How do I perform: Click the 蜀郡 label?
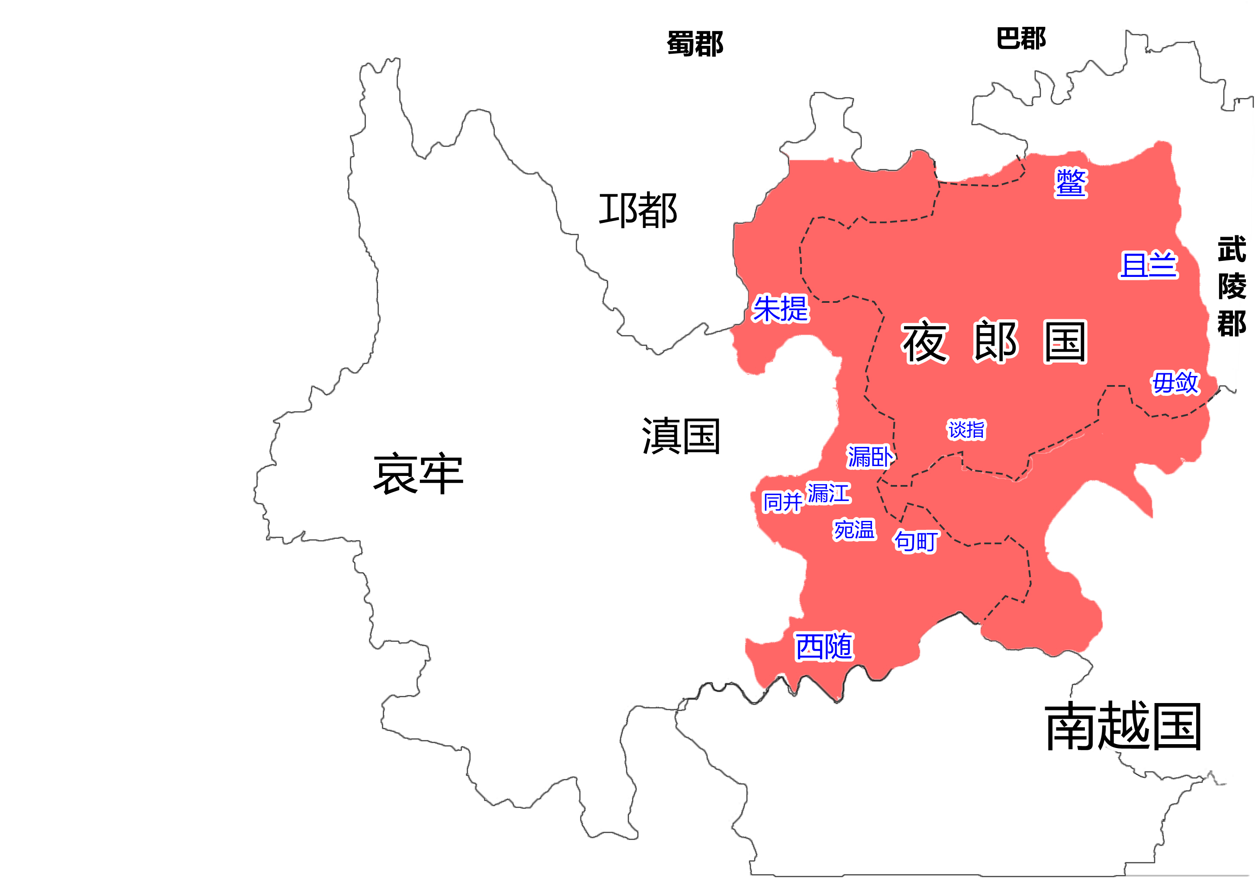coord(695,44)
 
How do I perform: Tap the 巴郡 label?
coord(1020,39)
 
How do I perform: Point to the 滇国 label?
coord(681,436)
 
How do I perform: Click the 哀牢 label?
coord(418,474)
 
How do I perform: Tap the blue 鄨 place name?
coord(1071,183)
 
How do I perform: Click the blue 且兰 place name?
coord(1148,265)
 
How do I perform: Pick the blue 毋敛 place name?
coord(1175,382)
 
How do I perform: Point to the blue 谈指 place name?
coord(966,430)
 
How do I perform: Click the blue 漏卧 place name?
coord(870,457)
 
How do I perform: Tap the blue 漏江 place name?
coord(829,493)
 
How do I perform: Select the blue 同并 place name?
coord(782,502)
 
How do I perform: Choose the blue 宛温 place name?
coord(854,530)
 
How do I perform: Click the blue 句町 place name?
coord(916,541)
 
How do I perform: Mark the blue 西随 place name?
coord(824,647)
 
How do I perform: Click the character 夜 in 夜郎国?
coord(925,342)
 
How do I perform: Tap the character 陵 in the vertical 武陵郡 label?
coord(1232,286)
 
